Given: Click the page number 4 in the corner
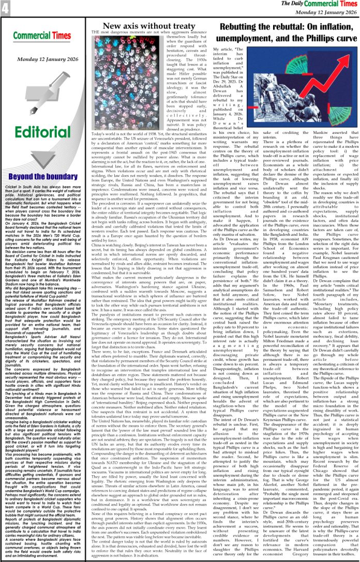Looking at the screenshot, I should click(5, 8).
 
